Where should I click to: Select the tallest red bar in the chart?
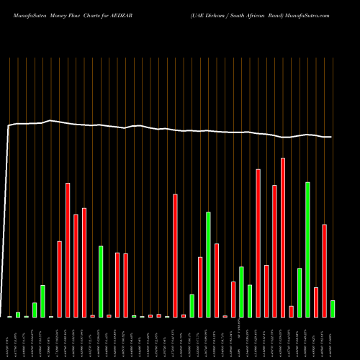click(283, 238)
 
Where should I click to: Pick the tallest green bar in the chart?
click(308, 249)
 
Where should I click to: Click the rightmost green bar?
click(333, 308)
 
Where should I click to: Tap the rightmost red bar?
click(325, 271)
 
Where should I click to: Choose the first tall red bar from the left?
click(60, 279)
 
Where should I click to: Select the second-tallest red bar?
click(258, 243)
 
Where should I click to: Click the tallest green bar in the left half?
click(101, 281)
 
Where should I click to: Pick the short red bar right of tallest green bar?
click(316, 302)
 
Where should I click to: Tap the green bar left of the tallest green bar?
click(300, 292)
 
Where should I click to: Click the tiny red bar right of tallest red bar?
click(292, 311)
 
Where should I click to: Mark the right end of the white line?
click(331, 137)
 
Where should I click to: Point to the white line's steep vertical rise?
click(7, 216)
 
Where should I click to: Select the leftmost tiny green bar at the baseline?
click(10, 316)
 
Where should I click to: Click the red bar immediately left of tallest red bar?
click(274, 251)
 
